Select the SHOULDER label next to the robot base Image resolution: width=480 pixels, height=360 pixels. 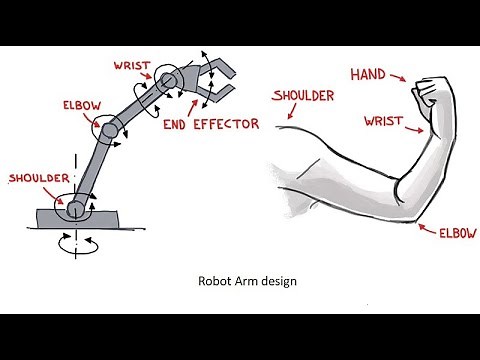pos(38,179)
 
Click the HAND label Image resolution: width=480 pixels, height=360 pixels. pos(370,74)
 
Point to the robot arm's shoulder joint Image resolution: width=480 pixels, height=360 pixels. pos(75,208)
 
